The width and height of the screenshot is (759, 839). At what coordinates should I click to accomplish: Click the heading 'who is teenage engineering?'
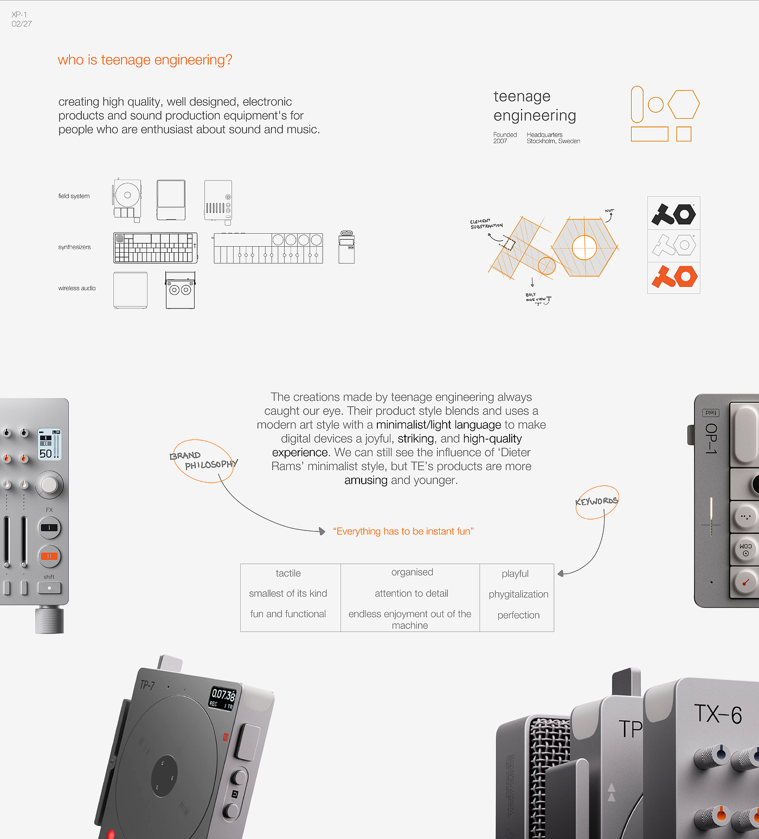(145, 60)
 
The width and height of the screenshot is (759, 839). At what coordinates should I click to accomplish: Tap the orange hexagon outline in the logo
(683, 104)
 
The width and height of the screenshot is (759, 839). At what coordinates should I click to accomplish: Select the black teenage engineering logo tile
(674, 214)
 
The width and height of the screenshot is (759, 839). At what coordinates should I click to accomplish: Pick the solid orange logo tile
(674, 277)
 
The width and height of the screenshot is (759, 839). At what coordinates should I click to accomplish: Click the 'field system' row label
(74, 196)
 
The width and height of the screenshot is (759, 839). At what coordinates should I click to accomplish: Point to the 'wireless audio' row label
(77, 289)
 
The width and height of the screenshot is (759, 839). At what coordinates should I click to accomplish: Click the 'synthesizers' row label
(74, 247)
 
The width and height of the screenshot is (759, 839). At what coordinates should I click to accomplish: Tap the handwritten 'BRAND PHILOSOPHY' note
(204, 460)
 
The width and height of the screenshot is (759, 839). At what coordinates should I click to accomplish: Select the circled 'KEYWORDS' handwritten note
(596, 502)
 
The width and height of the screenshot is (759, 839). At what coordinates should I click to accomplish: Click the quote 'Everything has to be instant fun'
(403, 531)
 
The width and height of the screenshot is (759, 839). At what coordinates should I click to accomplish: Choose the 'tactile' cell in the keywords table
(288, 573)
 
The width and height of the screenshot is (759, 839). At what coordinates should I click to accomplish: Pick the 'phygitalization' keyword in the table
(518, 594)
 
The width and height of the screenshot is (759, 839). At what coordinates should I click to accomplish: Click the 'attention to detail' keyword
(411, 593)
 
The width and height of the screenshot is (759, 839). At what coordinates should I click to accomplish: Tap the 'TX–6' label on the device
(718, 714)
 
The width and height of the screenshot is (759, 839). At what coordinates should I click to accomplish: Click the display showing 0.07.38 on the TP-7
(222, 698)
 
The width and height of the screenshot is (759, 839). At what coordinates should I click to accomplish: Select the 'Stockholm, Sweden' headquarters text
(553, 141)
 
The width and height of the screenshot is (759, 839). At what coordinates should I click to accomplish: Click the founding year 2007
(500, 141)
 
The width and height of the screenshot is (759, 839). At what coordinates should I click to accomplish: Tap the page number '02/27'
(22, 24)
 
